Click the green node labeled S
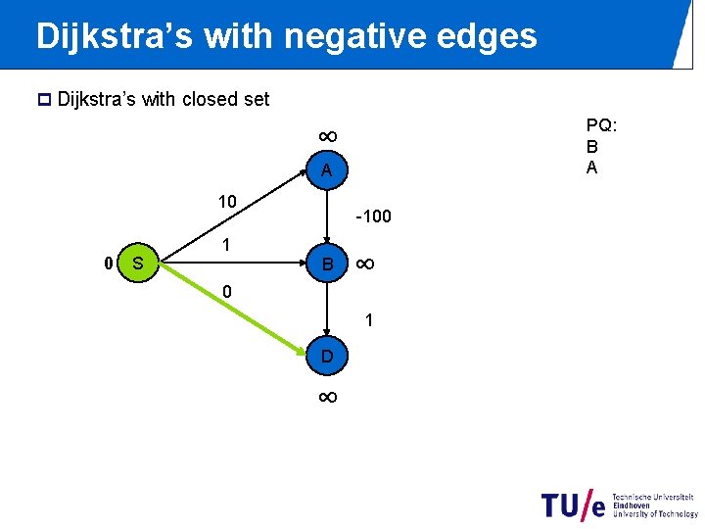click(138, 264)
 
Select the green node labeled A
click(327, 171)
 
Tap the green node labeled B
click(327, 264)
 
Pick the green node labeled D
click(327, 357)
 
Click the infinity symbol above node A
click(327, 136)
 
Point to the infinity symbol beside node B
click(364, 264)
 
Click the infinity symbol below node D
click(327, 397)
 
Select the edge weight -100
click(373, 216)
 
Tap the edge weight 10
click(227, 202)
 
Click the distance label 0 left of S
click(109, 263)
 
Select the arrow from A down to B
click(327, 217)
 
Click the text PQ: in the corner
click(600, 125)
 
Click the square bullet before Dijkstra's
click(44, 99)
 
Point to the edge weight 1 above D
click(369, 319)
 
